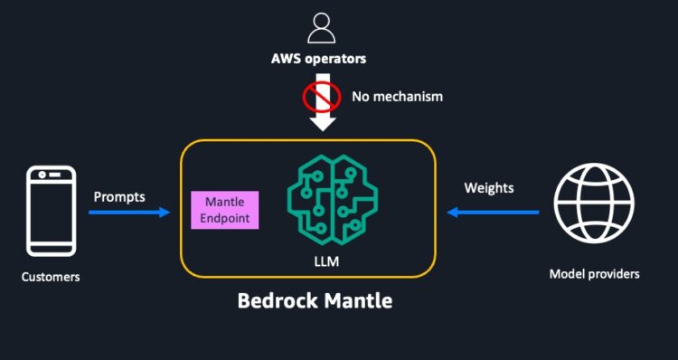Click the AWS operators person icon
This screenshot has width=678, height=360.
point(321,28)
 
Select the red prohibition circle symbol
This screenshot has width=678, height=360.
point(321,93)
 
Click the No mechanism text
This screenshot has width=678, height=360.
point(397,94)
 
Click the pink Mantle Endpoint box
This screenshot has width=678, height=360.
point(225,210)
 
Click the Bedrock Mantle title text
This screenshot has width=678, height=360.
point(315,300)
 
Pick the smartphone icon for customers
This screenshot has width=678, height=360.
point(51,210)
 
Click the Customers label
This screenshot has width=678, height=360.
point(51,277)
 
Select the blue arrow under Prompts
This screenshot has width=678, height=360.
point(129,213)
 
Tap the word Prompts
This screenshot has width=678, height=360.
point(120,195)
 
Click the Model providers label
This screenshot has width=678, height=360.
point(594,273)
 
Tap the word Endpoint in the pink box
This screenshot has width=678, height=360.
point(225,218)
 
